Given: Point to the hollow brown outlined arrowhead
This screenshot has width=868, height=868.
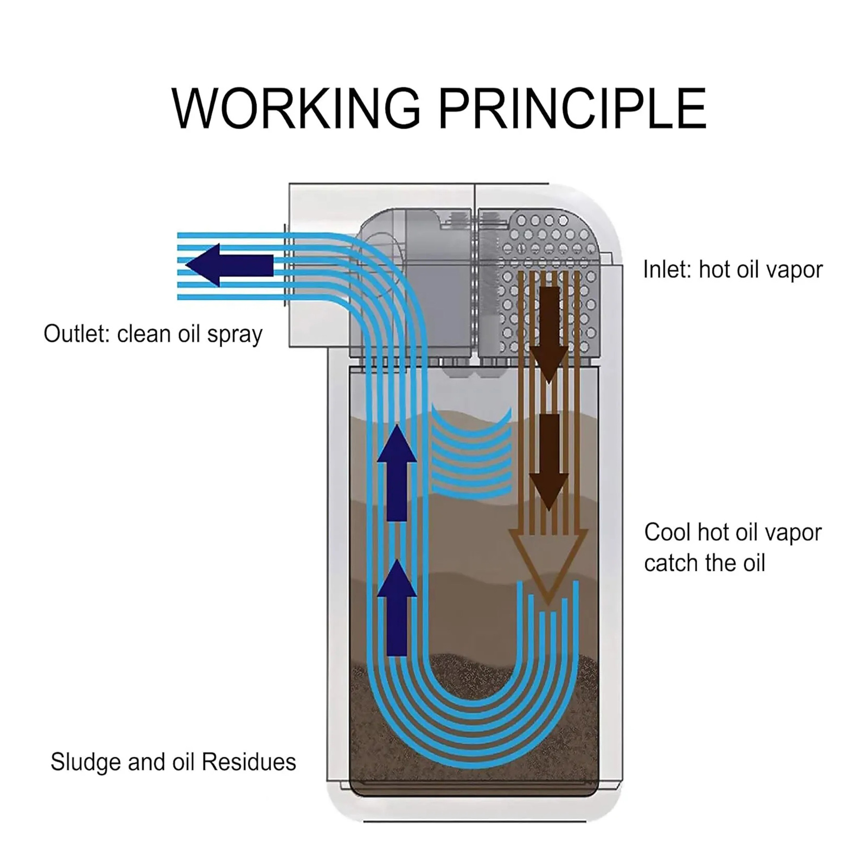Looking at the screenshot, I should pyautogui.click(x=548, y=564).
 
